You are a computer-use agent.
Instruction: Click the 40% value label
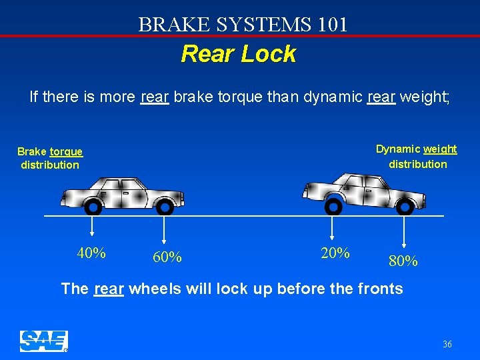click(91, 253)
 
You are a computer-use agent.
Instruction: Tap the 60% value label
click(167, 257)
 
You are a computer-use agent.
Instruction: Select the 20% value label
click(335, 253)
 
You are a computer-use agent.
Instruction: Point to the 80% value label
click(403, 261)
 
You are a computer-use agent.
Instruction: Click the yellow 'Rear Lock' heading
click(238, 54)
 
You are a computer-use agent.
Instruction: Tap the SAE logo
click(43, 341)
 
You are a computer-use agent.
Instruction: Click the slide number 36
click(447, 344)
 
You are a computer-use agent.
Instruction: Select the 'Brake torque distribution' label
click(50, 159)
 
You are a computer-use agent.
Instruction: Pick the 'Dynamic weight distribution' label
click(417, 157)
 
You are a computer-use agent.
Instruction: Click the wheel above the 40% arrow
click(93, 207)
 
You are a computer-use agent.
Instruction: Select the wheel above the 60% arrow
click(164, 207)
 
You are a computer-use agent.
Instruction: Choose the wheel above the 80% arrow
click(404, 207)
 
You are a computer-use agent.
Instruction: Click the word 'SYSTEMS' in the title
click(257, 25)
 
